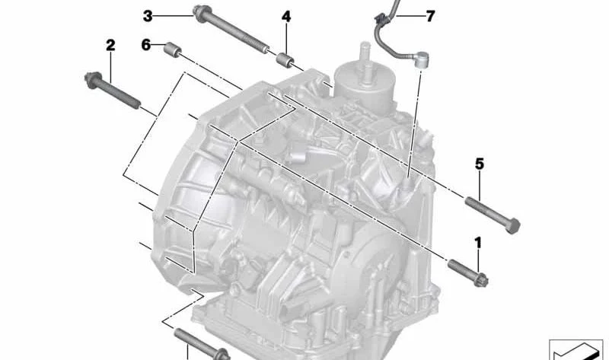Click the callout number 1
coord(478,243)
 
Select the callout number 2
coord(110,45)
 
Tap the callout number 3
coord(148,16)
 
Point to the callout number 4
coord(286,17)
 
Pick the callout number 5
coord(480,164)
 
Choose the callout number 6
coord(146,45)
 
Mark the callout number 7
coord(430,16)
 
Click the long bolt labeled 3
coord(231,30)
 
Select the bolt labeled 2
coord(112,91)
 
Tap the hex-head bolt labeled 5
coord(493,215)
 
